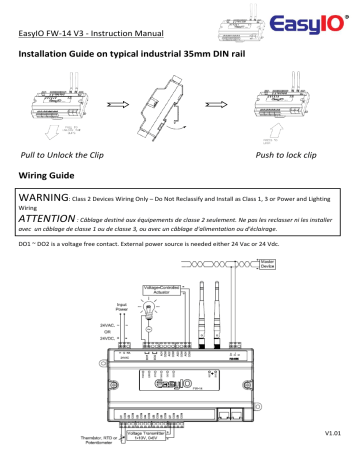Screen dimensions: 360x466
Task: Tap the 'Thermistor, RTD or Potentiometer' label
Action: (x=113, y=441)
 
